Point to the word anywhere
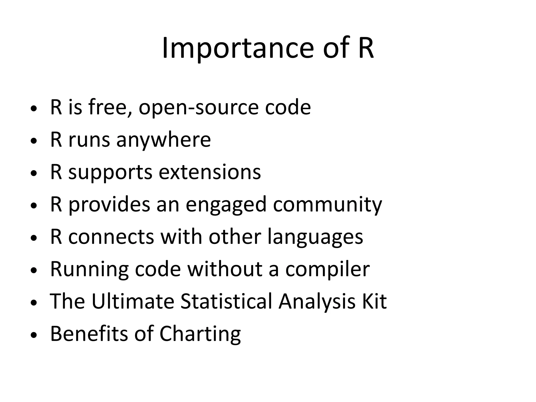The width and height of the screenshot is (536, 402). tap(163, 140)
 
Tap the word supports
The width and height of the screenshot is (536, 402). tap(110, 173)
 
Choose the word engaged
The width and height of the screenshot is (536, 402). tap(226, 205)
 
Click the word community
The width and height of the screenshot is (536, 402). tap(327, 205)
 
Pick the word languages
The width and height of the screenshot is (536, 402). tap(315, 237)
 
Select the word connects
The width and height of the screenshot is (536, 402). tap(111, 237)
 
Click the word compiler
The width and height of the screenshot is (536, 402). tap(327, 270)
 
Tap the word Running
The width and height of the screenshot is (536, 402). tap(89, 270)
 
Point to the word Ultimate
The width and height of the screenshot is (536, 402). tap(133, 301)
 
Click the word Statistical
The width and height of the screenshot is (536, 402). tap(226, 301)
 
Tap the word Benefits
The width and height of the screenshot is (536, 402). tap(89, 333)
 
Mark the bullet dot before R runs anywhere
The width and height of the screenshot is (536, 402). tap(33, 141)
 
